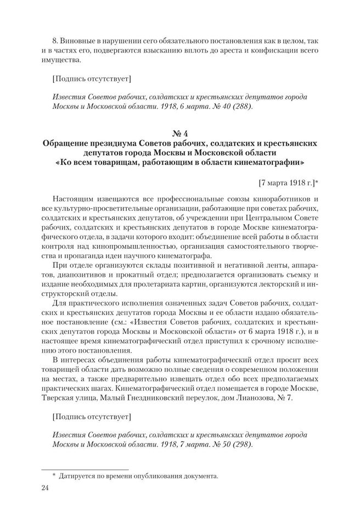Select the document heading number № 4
click(x=180, y=132)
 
